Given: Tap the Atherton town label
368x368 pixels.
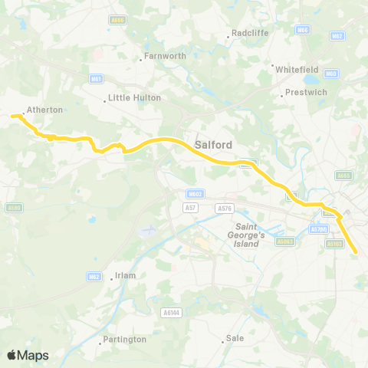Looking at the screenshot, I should [x=44, y=110].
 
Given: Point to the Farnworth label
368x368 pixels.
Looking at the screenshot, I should [x=161, y=57].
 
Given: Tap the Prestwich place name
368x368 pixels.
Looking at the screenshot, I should [x=306, y=93].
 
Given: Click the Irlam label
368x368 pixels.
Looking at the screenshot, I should [x=124, y=277].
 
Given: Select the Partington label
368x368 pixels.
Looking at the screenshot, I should [x=123, y=339].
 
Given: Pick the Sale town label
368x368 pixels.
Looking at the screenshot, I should [x=235, y=339].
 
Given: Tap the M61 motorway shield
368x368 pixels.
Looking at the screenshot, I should [x=97, y=78].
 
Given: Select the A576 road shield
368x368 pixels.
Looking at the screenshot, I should [x=225, y=208].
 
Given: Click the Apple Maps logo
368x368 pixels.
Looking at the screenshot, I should [x=28, y=355].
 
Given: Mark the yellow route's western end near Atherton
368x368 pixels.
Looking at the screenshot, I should [x=13, y=117].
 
